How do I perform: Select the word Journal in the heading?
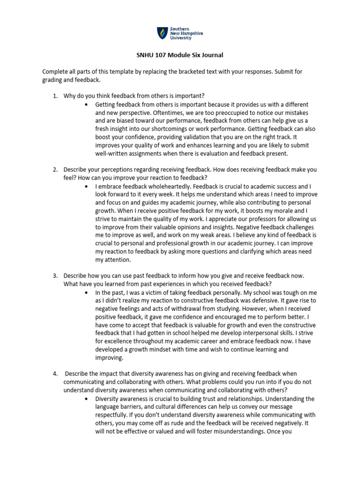(x=211, y=55)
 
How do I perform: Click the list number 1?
(x=55, y=96)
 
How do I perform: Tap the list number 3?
(x=55, y=276)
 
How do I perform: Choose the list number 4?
(x=55, y=373)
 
